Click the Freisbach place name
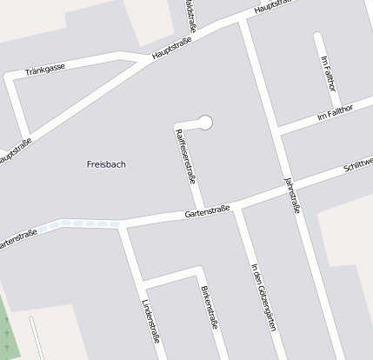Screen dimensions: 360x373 pyautogui.click(x=106, y=163)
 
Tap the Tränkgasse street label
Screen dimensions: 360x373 pyautogui.click(x=45, y=70)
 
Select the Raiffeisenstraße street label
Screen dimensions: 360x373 pyautogui.click(x=184, y=156)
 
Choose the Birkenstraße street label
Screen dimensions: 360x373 pyautogui.click(x=210, y=308)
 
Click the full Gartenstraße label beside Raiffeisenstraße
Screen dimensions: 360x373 pyautogui.click(x=207, y=211)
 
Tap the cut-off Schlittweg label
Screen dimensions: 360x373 pyautogui.click(x=358, y=165)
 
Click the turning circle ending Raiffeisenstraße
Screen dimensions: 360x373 pyautogui.click(x=205, y=123)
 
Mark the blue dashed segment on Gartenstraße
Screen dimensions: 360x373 pyautogui.click(x=83, y=224)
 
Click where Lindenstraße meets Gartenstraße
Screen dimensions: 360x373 pyautogui.click(x=123, y=225)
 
